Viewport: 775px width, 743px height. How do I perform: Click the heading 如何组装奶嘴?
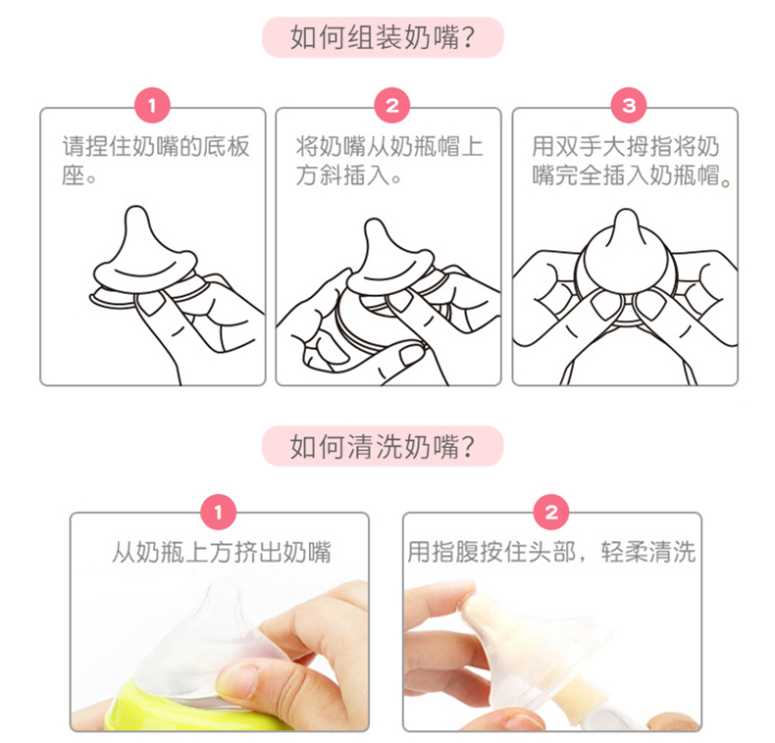[383, 37]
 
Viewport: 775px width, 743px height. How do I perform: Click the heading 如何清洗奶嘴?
[383, 446]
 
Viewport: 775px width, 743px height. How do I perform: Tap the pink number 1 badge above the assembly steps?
[152, 105]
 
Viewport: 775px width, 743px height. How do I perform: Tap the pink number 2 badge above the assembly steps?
[392, 105]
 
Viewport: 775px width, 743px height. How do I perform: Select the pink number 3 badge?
[629, 105]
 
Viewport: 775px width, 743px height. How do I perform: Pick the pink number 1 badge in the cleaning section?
[219, 513]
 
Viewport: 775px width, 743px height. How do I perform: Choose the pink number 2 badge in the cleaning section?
[551, 513]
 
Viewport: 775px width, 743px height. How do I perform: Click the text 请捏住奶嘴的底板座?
[156, 161]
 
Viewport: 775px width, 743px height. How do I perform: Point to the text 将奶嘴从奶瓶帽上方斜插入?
[389, 161]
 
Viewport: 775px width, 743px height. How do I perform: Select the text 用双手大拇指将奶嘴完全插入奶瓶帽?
[631, 161]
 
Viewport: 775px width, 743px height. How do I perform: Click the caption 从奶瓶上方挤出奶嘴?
[222, 552]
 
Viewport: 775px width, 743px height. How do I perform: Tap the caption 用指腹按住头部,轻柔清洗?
[551, 552]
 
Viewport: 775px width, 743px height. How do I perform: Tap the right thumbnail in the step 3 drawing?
[649, 304]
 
